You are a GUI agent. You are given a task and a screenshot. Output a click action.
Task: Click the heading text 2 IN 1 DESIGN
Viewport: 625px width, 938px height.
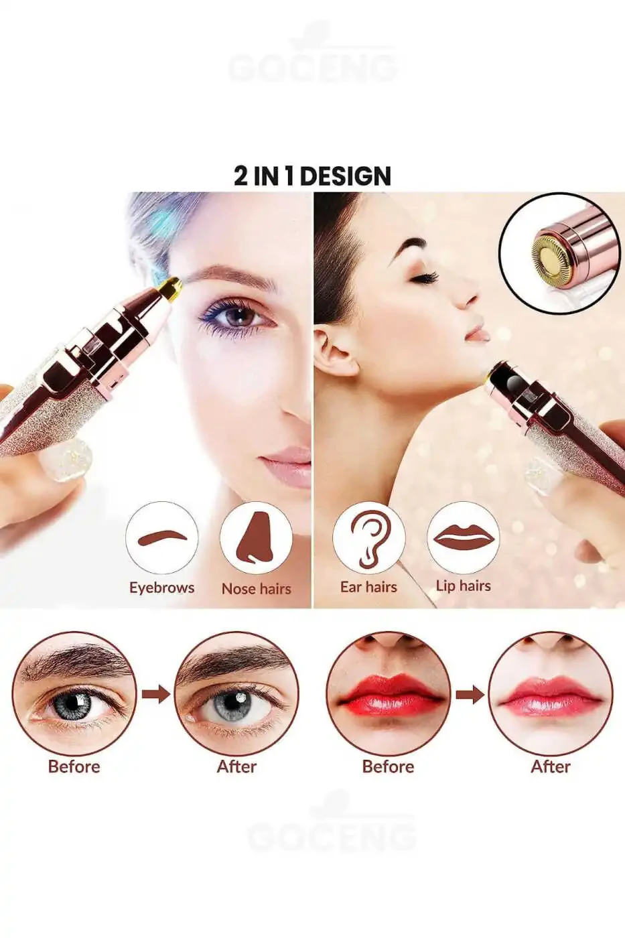point(312,176)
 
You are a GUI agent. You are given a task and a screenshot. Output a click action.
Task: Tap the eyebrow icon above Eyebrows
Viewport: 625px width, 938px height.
point(162,537)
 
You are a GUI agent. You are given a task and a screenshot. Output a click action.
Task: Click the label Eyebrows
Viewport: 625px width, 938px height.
point(161,588)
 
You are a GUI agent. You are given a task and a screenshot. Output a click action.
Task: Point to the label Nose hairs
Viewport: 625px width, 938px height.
point(256,588)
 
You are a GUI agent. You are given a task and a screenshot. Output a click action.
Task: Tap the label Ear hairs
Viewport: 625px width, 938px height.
point(368,587)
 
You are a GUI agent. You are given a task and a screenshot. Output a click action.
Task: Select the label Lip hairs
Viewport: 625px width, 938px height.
point(463,586)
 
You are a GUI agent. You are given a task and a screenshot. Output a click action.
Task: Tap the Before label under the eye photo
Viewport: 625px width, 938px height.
point(74,766)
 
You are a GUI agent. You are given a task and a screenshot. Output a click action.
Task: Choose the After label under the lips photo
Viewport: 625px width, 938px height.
point(551,766)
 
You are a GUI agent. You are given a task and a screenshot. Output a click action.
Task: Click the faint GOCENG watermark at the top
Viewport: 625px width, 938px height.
point(312,70)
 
